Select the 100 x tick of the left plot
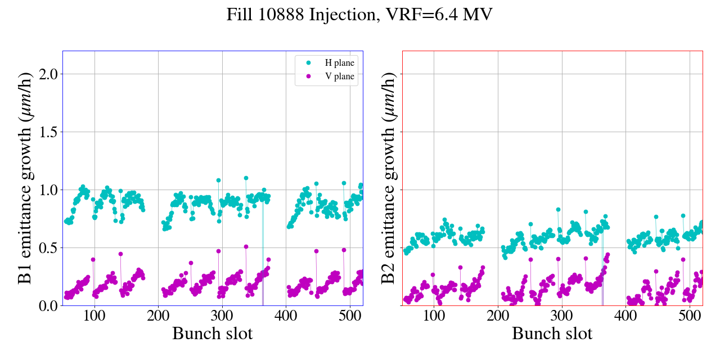coord(94,316)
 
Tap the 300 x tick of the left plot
coord(222,316)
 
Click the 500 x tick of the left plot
coord(350,316)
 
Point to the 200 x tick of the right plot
coord(498,316)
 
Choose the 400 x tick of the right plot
coord(626,316)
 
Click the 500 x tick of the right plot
coord(690,316)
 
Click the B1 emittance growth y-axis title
coord(26,178)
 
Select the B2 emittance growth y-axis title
coord(389,178)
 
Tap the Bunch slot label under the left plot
coord(213,334)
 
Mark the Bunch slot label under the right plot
coord(552,334)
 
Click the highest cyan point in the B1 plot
coord(246,178)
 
